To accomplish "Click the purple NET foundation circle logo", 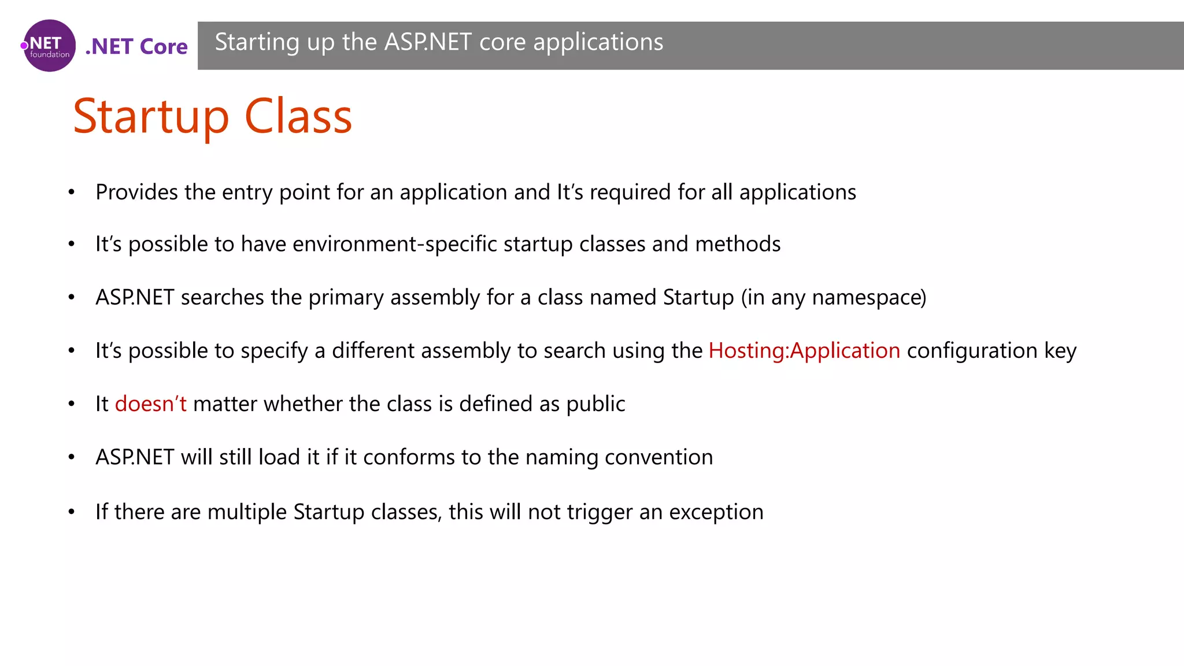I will pos(49,46).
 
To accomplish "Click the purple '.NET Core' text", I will pos(136,46).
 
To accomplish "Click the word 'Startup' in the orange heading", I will pos(151,117).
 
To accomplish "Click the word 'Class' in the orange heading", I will pos(298,117).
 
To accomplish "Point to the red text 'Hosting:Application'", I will pos(804,350).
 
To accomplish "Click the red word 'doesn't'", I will pos(150,404).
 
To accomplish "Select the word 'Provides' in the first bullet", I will pos(136,192).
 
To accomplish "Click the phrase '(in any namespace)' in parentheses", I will pos(833,297).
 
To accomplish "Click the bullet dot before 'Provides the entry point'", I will pos(71,193).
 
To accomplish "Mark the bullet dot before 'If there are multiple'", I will pos(71,512).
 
